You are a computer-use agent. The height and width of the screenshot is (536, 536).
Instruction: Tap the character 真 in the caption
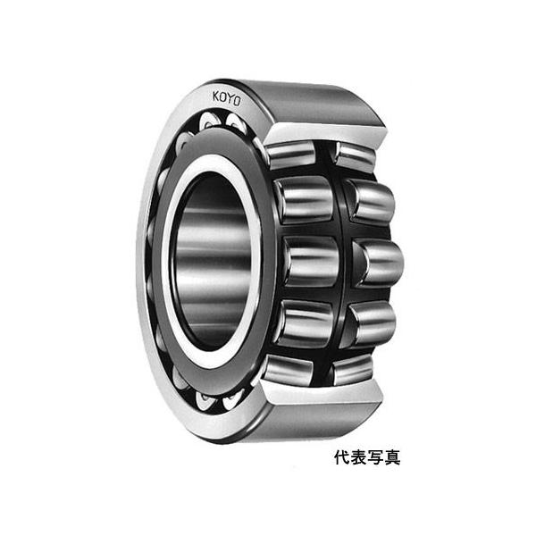pyautogui.click(x=392, y=457)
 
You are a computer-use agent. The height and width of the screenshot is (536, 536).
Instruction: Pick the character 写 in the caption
pyautogui.click(x=375, y=457)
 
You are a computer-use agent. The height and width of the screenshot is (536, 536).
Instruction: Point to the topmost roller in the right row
pyautogui.click(x=356, y=156)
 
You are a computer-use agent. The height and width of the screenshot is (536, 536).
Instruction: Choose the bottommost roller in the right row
pyautogui.click(x=354, y=367)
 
